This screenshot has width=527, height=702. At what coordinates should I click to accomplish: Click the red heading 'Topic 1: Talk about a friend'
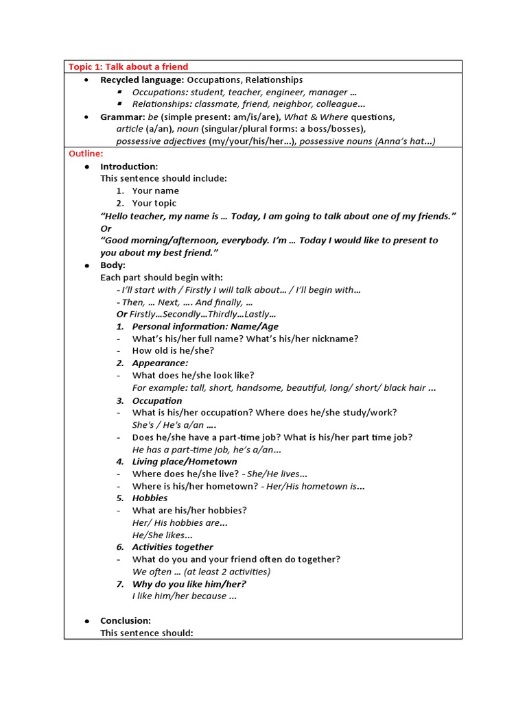coord(128,66)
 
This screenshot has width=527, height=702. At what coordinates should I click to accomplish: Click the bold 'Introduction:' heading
coord(129,167)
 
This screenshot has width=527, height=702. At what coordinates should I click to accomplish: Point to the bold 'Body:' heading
coord(113,265)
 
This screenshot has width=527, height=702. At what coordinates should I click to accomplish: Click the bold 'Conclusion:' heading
coord(126,620)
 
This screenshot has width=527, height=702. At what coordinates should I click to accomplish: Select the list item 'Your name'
coord(155,191)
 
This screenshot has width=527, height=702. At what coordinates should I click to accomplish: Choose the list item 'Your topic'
coord(154,204)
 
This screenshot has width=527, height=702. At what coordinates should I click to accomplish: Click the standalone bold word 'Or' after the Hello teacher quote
coord(106,228)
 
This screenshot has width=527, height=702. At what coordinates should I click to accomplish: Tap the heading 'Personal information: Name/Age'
coord(205,326)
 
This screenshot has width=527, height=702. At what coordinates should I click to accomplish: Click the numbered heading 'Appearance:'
coord(160,363)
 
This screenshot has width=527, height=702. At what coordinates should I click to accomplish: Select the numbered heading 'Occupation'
coord(157,400)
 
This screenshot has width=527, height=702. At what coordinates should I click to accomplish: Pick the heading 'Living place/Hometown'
coord(185,461)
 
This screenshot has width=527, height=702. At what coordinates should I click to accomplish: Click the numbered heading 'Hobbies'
coord(150,498)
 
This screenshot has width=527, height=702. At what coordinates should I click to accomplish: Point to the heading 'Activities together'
coord(172,547)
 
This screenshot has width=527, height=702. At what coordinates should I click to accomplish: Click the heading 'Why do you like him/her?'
coord(189,584)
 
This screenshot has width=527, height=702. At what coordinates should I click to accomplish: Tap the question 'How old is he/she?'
coord(173,351)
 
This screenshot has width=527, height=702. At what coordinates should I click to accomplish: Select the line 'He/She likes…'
coord(163,535)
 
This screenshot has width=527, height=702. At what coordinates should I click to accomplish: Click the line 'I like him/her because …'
coord(184,596)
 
